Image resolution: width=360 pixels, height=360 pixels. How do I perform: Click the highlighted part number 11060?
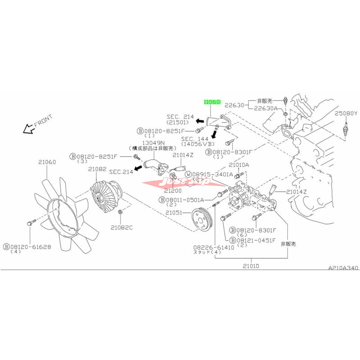211,102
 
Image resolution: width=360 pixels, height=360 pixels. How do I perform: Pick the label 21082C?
123,227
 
